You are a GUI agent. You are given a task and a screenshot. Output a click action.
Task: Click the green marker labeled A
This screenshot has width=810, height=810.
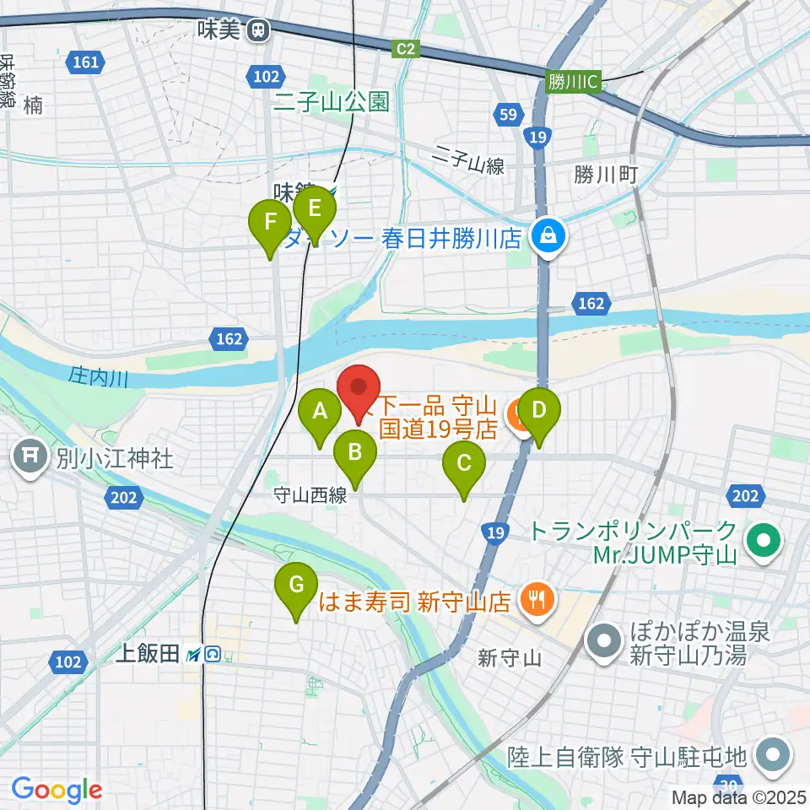click(320, 413)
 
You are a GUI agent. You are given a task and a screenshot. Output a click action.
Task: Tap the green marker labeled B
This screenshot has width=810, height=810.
click(355, 452)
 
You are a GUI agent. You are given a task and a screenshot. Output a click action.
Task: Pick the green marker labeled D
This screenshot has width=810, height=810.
click(539, 411)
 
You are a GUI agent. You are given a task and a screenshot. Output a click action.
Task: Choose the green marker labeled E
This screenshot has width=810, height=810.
click(314, 208)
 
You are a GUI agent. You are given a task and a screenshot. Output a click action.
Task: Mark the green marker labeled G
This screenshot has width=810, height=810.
click(296, 585)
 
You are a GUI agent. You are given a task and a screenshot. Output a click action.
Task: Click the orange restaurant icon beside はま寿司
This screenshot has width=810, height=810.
click(535, 601)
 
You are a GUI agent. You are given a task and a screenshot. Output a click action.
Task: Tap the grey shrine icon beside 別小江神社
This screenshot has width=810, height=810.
click(30, 459)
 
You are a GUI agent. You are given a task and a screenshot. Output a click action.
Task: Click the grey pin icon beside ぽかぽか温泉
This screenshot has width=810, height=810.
click(607, 644)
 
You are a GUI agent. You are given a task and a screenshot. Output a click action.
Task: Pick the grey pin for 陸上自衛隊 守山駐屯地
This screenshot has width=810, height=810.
click(773, 753)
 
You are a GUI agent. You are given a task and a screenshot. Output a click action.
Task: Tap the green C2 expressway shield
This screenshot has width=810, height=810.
click(407, 51)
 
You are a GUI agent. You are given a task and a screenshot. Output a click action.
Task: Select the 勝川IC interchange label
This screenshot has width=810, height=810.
click(572, 82)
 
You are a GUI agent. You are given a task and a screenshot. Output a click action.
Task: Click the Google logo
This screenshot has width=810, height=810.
click(57, 791)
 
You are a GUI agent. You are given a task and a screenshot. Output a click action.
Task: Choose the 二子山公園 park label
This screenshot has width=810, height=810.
click(331, 103)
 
